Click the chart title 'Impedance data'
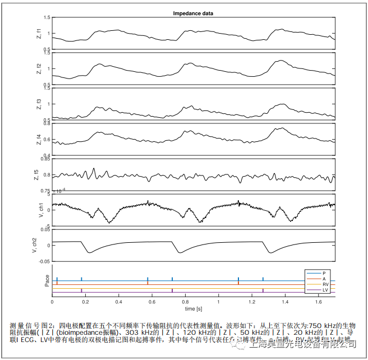[x=192, y=13]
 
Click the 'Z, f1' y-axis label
[x=39, y=34]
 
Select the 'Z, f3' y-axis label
[x=39, y=104]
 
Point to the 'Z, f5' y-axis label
[x=39, y=175]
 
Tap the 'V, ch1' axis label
[x=39, y=210]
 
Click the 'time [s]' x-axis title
[x=192, y=309]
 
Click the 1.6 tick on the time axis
[x=318, y=302]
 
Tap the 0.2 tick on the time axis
[x=85, y=302]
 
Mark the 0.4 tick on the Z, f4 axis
[x=47, y=155]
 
